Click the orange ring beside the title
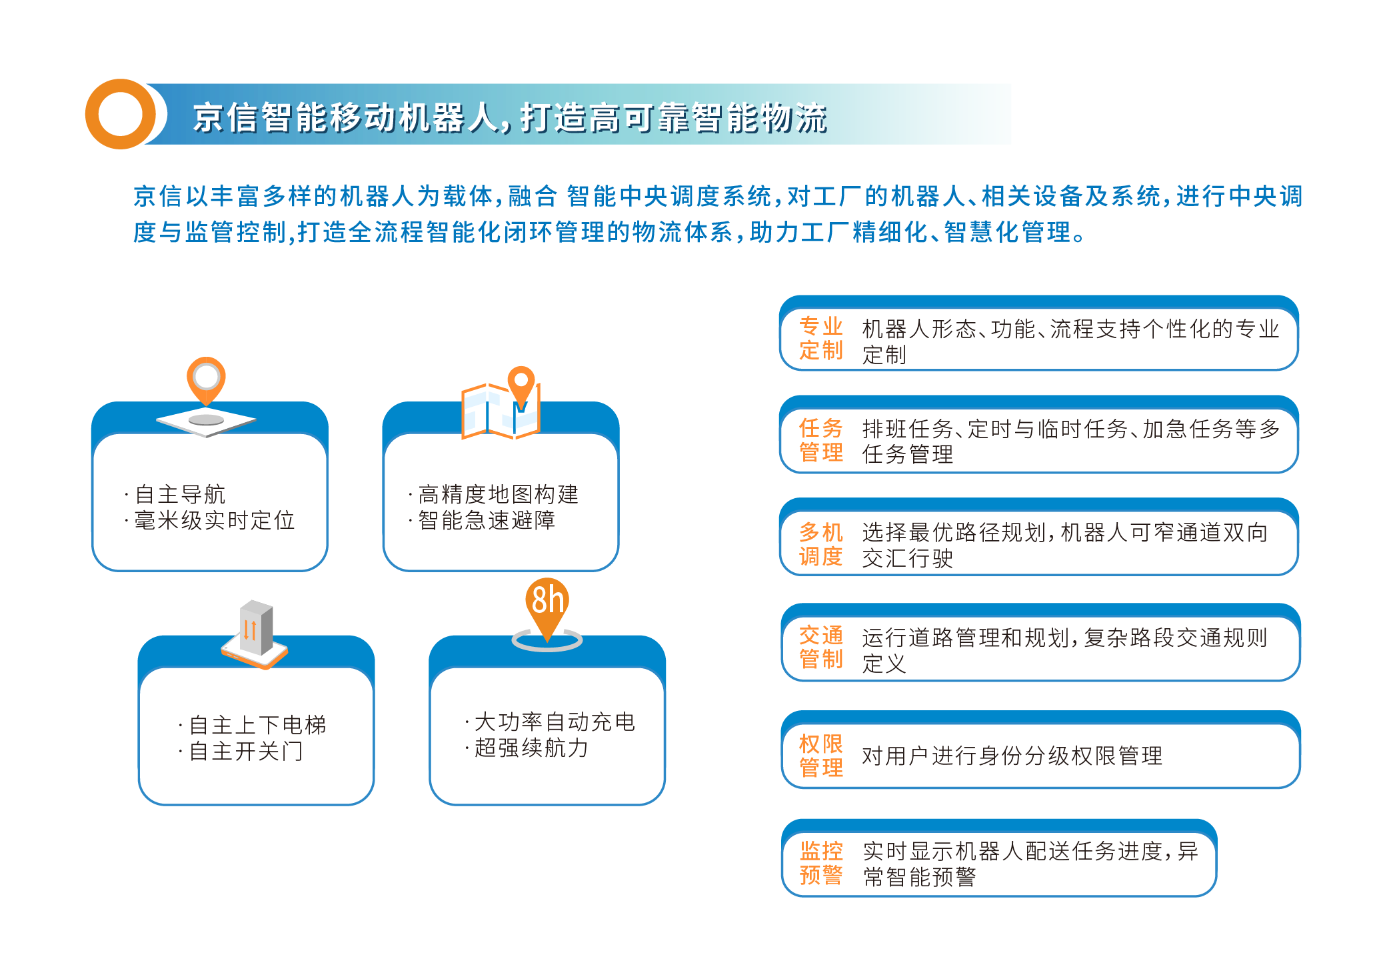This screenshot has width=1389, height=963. [96, 114]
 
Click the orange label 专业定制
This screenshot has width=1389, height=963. [821, 339]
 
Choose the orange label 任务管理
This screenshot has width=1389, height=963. [821, 440]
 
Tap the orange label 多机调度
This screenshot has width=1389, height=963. [821, 544]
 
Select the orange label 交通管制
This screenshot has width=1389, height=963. [821, 648]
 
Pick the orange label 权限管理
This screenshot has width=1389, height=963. [821, 756]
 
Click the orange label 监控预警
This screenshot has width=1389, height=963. [821, 863]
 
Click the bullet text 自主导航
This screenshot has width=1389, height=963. [180, 495]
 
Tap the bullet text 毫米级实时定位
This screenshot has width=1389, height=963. [215, 521]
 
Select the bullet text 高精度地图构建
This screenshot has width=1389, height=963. [498, 495]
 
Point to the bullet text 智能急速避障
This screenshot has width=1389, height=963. [487, 521]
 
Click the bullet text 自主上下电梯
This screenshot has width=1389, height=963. [258, 725]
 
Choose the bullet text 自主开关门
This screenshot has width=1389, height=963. [247, 752]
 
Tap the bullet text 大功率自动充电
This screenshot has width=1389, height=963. [555, 722]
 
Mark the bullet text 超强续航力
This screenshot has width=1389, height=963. [531, 748]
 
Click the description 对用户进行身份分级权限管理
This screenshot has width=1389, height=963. [1012, 756]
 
